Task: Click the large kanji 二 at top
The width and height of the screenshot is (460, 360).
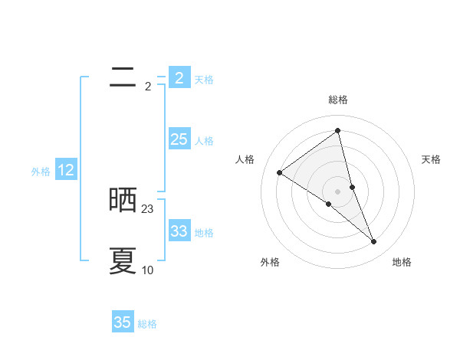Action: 123,77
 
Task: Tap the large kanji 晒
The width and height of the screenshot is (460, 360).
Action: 123,201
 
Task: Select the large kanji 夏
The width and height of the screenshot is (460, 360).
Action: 123,261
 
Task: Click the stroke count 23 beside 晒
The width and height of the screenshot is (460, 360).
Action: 148,208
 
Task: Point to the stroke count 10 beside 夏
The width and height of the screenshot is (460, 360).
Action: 148,270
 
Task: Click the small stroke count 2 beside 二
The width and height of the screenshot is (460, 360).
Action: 148,86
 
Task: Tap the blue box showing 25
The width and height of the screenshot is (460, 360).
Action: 179,139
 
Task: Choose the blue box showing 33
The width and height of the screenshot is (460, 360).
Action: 179,231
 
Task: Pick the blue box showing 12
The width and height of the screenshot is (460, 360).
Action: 66,170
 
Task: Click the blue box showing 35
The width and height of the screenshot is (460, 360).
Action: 123,322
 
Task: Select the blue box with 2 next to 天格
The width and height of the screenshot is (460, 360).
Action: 179,77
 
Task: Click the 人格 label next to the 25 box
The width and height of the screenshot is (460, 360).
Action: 204,141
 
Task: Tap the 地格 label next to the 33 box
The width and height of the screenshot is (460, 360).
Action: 204,232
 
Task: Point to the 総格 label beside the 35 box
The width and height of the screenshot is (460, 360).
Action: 147,324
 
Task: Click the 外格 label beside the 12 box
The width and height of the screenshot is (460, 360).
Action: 41,172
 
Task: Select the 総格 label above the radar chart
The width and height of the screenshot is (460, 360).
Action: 337,100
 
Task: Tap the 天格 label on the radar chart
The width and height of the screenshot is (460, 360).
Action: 431,159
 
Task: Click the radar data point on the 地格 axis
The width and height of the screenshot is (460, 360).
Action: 374,241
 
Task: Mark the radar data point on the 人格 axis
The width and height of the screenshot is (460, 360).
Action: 280,172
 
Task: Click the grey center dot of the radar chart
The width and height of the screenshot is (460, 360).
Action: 337,191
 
